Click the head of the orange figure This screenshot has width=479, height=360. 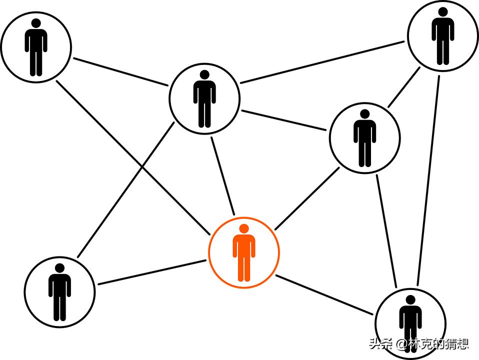244,228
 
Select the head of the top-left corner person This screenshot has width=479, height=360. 36,23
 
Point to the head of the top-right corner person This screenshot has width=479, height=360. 442,12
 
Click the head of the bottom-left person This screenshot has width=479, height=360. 59,268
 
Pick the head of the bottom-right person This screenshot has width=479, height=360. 410,300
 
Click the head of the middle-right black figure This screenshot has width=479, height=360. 364,114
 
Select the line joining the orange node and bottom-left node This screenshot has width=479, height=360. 152,272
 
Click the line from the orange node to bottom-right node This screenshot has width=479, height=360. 324,295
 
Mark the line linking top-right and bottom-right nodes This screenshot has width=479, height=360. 428,180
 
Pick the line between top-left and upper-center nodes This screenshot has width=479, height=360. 120,72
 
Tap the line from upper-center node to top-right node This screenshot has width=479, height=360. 322,62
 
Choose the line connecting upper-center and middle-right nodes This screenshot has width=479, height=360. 283,120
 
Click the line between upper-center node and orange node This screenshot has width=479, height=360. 222,176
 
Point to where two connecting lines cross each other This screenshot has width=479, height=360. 142,167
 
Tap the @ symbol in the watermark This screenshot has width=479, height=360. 401,344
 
